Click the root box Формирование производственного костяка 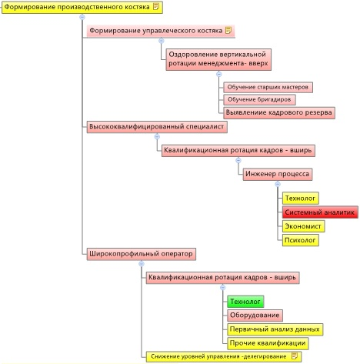(x=82, y=7)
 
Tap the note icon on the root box (x=155, y=6)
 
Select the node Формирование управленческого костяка (x=161, y=31)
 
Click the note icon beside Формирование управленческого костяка (x=228, y=30)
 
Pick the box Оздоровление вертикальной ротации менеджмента (x=218, y=59)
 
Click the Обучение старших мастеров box (x=268, y=87)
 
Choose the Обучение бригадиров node (x=259, y=99)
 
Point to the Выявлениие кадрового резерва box (x=279, y=113)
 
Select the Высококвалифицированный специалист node (x=157, y=127)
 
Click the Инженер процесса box (x=278, y=174)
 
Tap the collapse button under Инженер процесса (x=278, y=184)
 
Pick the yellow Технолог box (x=301, y=199)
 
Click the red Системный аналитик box (x=320, y=212)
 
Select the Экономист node (x=303, y=226)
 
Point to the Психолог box (x=301, y=240)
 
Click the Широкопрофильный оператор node (x=142, y=254)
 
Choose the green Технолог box (x=245, y=302)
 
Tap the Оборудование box (x=255, y=316)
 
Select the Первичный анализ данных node (x=275, y=329)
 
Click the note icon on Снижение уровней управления (x=295, y=356)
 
